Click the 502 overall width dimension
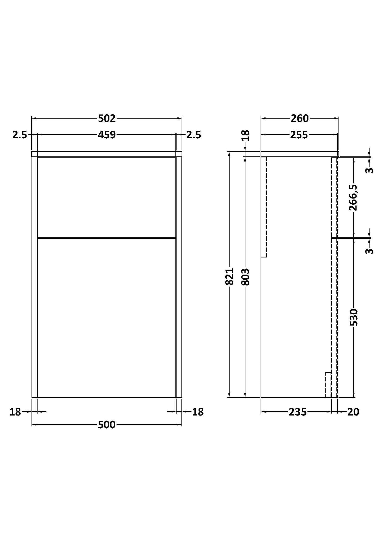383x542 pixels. point(107,118)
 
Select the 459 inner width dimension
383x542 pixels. point(107,135)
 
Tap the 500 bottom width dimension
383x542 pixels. point(107,425)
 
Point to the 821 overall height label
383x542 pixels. point(229,276)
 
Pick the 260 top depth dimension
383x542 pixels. point(300,118)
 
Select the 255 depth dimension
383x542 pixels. point(299,135)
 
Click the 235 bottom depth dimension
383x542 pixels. point(298,412)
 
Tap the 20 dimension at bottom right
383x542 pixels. point(353,412)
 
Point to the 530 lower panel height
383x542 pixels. point(354,317)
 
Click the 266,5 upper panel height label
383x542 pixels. point(353,197)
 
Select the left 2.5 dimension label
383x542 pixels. point(20,135)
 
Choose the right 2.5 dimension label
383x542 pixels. point(194,135)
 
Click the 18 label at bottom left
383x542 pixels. point(15,412)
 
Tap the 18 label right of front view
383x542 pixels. point(198,412)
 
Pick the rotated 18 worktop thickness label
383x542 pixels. point(246,135)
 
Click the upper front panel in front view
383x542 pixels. point(107,197)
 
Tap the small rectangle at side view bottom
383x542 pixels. point(328,385)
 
